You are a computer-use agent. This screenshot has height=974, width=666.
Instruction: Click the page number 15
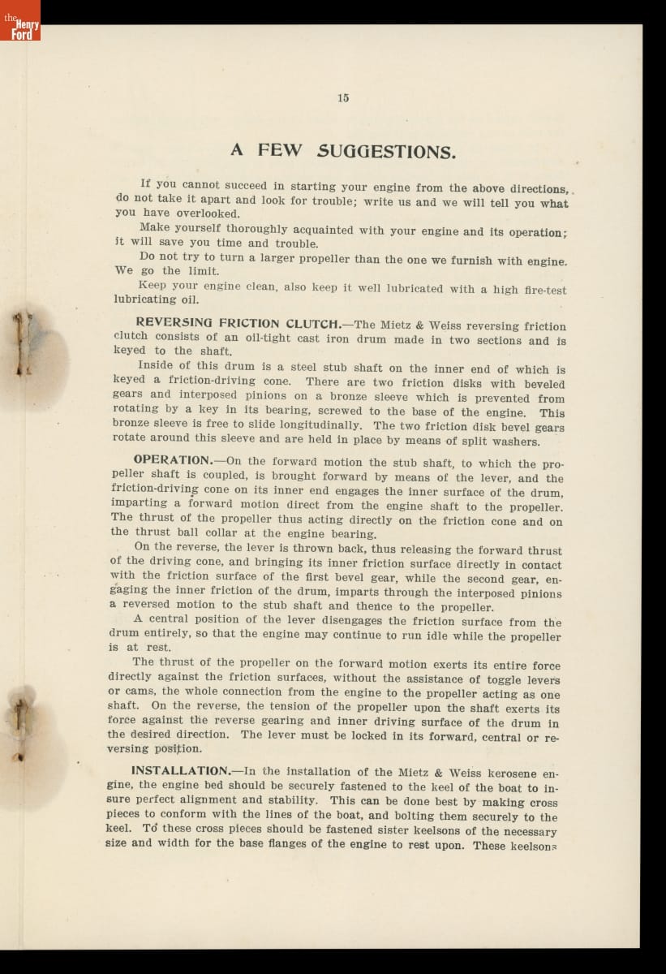[343, 97]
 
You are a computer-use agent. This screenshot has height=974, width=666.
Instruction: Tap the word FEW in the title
[280, 151]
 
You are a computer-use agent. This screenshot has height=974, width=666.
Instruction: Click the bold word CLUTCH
[312, 324]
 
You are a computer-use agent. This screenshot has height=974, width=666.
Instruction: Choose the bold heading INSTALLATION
[181, 770]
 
